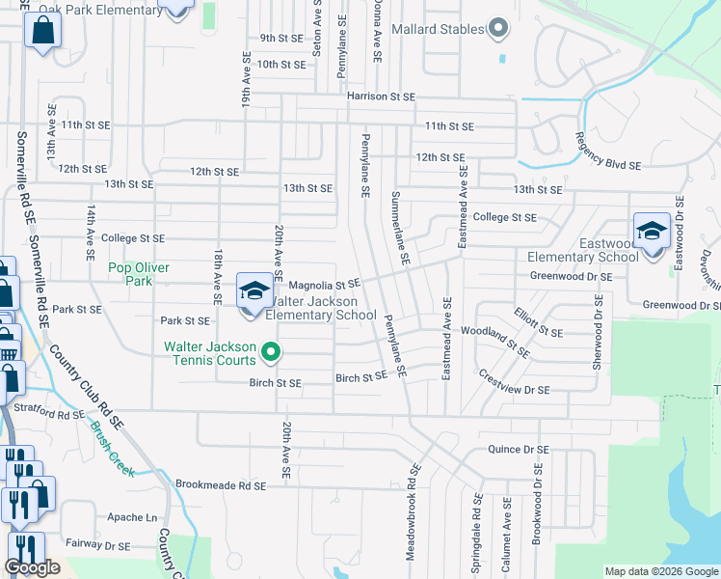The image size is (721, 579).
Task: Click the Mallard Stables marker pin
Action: pos(497,29)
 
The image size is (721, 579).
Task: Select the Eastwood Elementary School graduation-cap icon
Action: pos(653,231)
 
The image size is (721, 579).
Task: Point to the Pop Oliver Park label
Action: pos(131,274)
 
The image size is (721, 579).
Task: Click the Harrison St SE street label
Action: pos(381,96)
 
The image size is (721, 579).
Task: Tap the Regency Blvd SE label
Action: pos(607,152)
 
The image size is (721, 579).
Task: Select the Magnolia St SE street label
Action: pos(324,285)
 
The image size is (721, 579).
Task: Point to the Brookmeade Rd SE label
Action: pos(220,484)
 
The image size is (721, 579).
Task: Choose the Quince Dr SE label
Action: pos(519,450)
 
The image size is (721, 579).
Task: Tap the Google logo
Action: pos(32,568)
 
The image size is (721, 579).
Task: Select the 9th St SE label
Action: pos(281,38)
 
